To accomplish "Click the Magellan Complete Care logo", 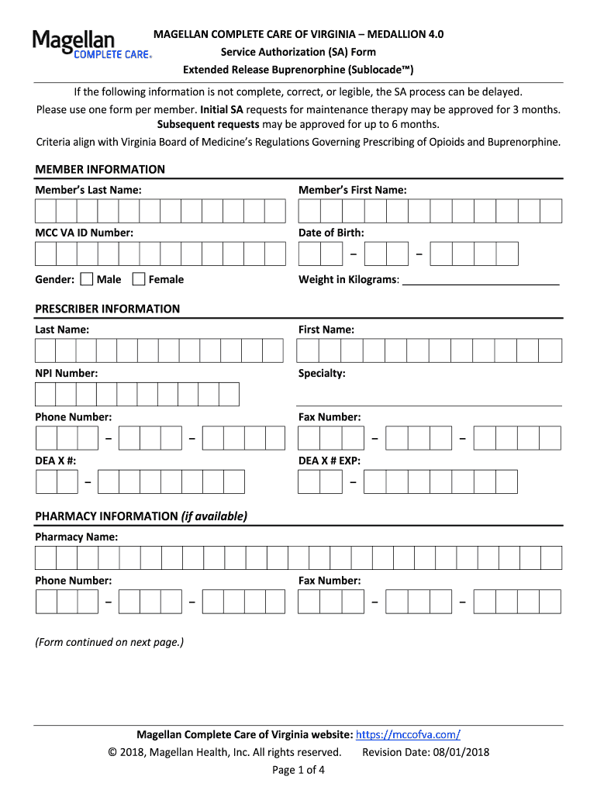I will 91,44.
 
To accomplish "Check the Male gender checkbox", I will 87,279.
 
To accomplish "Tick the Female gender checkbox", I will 139,279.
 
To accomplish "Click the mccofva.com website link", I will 408,734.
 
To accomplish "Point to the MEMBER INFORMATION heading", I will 100,169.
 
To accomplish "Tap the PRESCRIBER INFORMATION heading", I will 107,309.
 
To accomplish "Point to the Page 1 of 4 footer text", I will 298,770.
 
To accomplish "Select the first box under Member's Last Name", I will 45,211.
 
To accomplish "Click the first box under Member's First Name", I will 309,211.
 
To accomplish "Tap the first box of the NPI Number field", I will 45,395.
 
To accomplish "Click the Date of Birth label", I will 331,233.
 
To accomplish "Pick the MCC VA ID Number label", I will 84,233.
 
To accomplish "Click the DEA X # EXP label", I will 330,461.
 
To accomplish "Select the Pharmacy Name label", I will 77,537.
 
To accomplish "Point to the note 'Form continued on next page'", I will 109,642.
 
